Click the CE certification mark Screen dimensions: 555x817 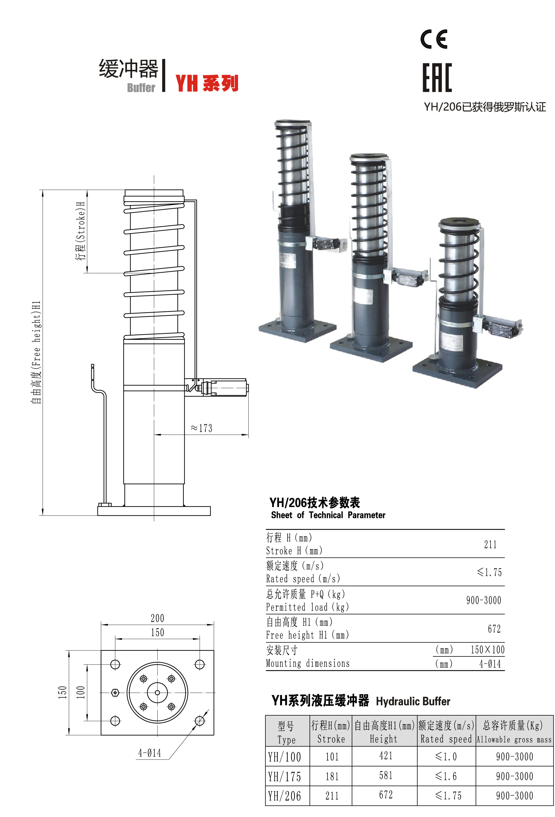(434, 39)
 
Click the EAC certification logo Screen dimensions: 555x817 (437, 78)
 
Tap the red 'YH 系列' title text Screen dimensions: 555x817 (207, 83)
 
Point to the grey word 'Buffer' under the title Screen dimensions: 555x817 (141, 88)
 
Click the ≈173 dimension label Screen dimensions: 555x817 (201, 428)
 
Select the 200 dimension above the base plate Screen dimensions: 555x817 (157, 618)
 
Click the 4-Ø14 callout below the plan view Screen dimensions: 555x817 (150, 753)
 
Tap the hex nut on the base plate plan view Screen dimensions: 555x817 (115, 692)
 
